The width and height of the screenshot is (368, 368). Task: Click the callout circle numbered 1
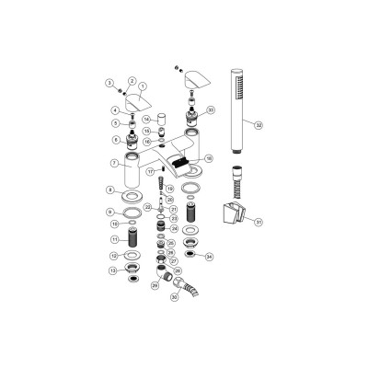[143, 86]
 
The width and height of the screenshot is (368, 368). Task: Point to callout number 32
[259, 125]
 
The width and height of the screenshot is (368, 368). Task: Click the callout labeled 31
[259, 222]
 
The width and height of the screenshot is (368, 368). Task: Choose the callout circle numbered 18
[209, 158]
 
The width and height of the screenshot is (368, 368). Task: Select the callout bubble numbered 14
[145, 119]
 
